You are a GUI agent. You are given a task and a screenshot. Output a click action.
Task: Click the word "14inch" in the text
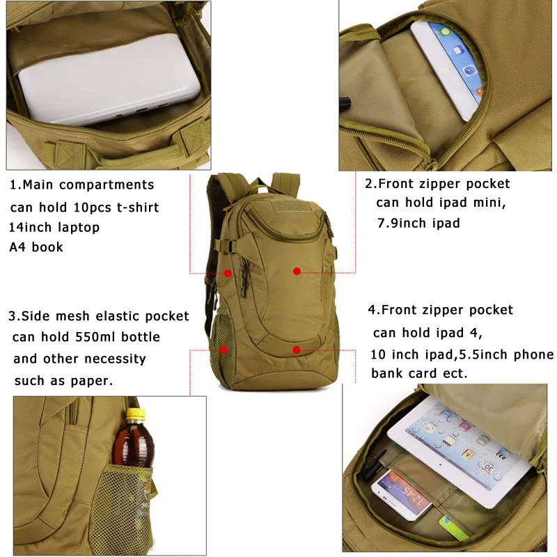[x=33, y=227]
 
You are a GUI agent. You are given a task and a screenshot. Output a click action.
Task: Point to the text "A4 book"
[x=36, y=247]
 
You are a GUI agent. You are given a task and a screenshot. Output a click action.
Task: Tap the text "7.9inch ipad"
[x=418, y=223]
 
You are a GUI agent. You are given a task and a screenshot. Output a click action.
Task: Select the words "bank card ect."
[x=419, y=373]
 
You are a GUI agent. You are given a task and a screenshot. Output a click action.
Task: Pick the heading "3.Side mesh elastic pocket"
[x=98, y=316]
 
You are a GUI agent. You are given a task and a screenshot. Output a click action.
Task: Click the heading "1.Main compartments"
[x=81, y=185]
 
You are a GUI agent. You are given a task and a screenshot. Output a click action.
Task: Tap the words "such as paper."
[x=63, y=380]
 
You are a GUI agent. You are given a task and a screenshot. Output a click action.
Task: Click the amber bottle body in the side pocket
[x=134, y=446]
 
